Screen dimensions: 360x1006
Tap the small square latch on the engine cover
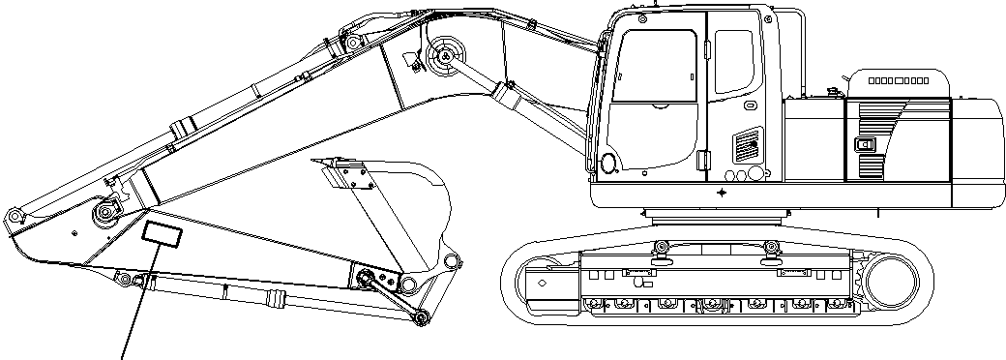[864, 147]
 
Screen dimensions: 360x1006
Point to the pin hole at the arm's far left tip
[13, 215]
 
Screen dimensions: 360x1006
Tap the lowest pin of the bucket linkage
[419, 318]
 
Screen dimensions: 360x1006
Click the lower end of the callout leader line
[122, 356]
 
